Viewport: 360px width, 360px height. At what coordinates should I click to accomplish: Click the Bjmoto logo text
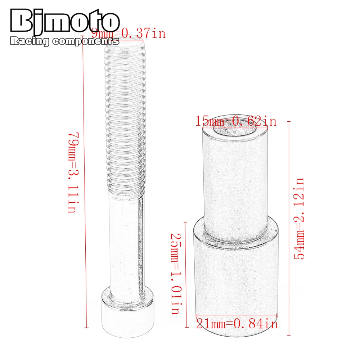pyautogui.click(x=65, y=22)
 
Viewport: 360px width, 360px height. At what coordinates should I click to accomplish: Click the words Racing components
pyautogui.click(x=65, y=42)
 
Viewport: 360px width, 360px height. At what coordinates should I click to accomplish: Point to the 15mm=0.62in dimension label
pyautogui.click(x=236, y=121)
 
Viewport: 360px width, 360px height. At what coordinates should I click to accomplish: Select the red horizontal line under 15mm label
pyautogui.click(x=236, y=127)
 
